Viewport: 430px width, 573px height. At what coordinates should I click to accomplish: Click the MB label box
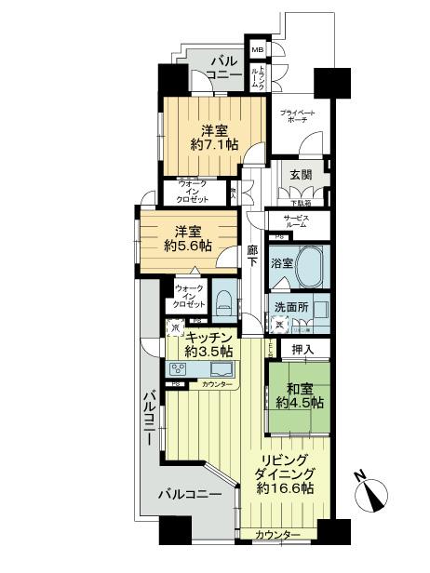(x=257, y=51)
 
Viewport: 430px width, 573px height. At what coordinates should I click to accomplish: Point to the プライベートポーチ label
(x=298, y=116)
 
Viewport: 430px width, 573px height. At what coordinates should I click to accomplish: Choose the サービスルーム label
(x=289, y=221)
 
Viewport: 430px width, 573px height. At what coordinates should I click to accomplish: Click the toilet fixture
(x=224, y=300)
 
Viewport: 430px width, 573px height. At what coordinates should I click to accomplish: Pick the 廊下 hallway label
(x=253, y=256)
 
